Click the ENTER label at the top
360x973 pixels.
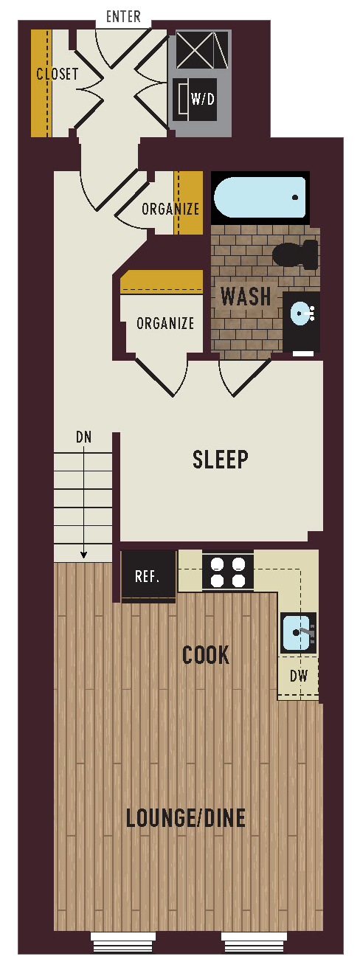[123, 17]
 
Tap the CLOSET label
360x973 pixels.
[58, 75]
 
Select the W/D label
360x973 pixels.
[202, 99]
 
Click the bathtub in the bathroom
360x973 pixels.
[260, 198]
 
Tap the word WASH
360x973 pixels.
[246, 297]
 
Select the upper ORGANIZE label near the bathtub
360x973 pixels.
[170, 209]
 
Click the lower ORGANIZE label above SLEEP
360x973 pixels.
[165, 323]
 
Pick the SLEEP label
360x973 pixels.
[221, 460]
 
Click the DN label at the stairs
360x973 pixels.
[84, 437]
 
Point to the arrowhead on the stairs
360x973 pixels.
[84, 555]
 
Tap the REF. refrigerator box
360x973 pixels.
[148, 576]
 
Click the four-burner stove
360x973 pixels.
[227, 572]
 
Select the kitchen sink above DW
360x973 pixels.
[299, 632]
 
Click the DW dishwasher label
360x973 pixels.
[298, 676]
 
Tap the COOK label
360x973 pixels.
[206, 655]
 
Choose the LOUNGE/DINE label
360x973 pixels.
[186, 818]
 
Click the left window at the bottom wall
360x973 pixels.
[123, 940]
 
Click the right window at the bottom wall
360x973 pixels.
[254, 940]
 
